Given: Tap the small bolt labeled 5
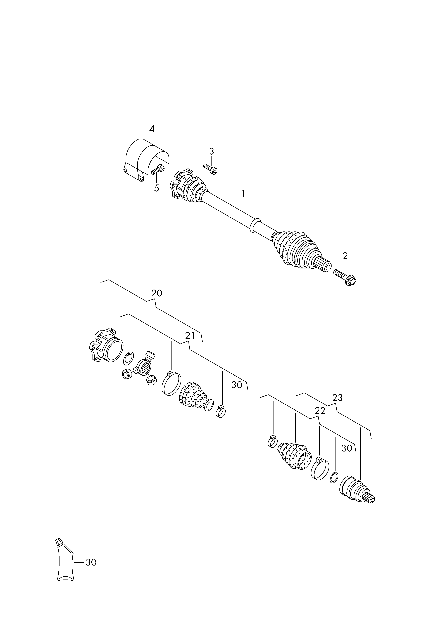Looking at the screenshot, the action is coord(158,169).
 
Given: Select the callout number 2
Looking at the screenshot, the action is coord(345,256).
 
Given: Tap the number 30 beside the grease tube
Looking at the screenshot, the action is coord(91,562).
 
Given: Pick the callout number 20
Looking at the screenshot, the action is coord(157,293).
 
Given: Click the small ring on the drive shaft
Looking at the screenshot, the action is coord(255,226).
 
